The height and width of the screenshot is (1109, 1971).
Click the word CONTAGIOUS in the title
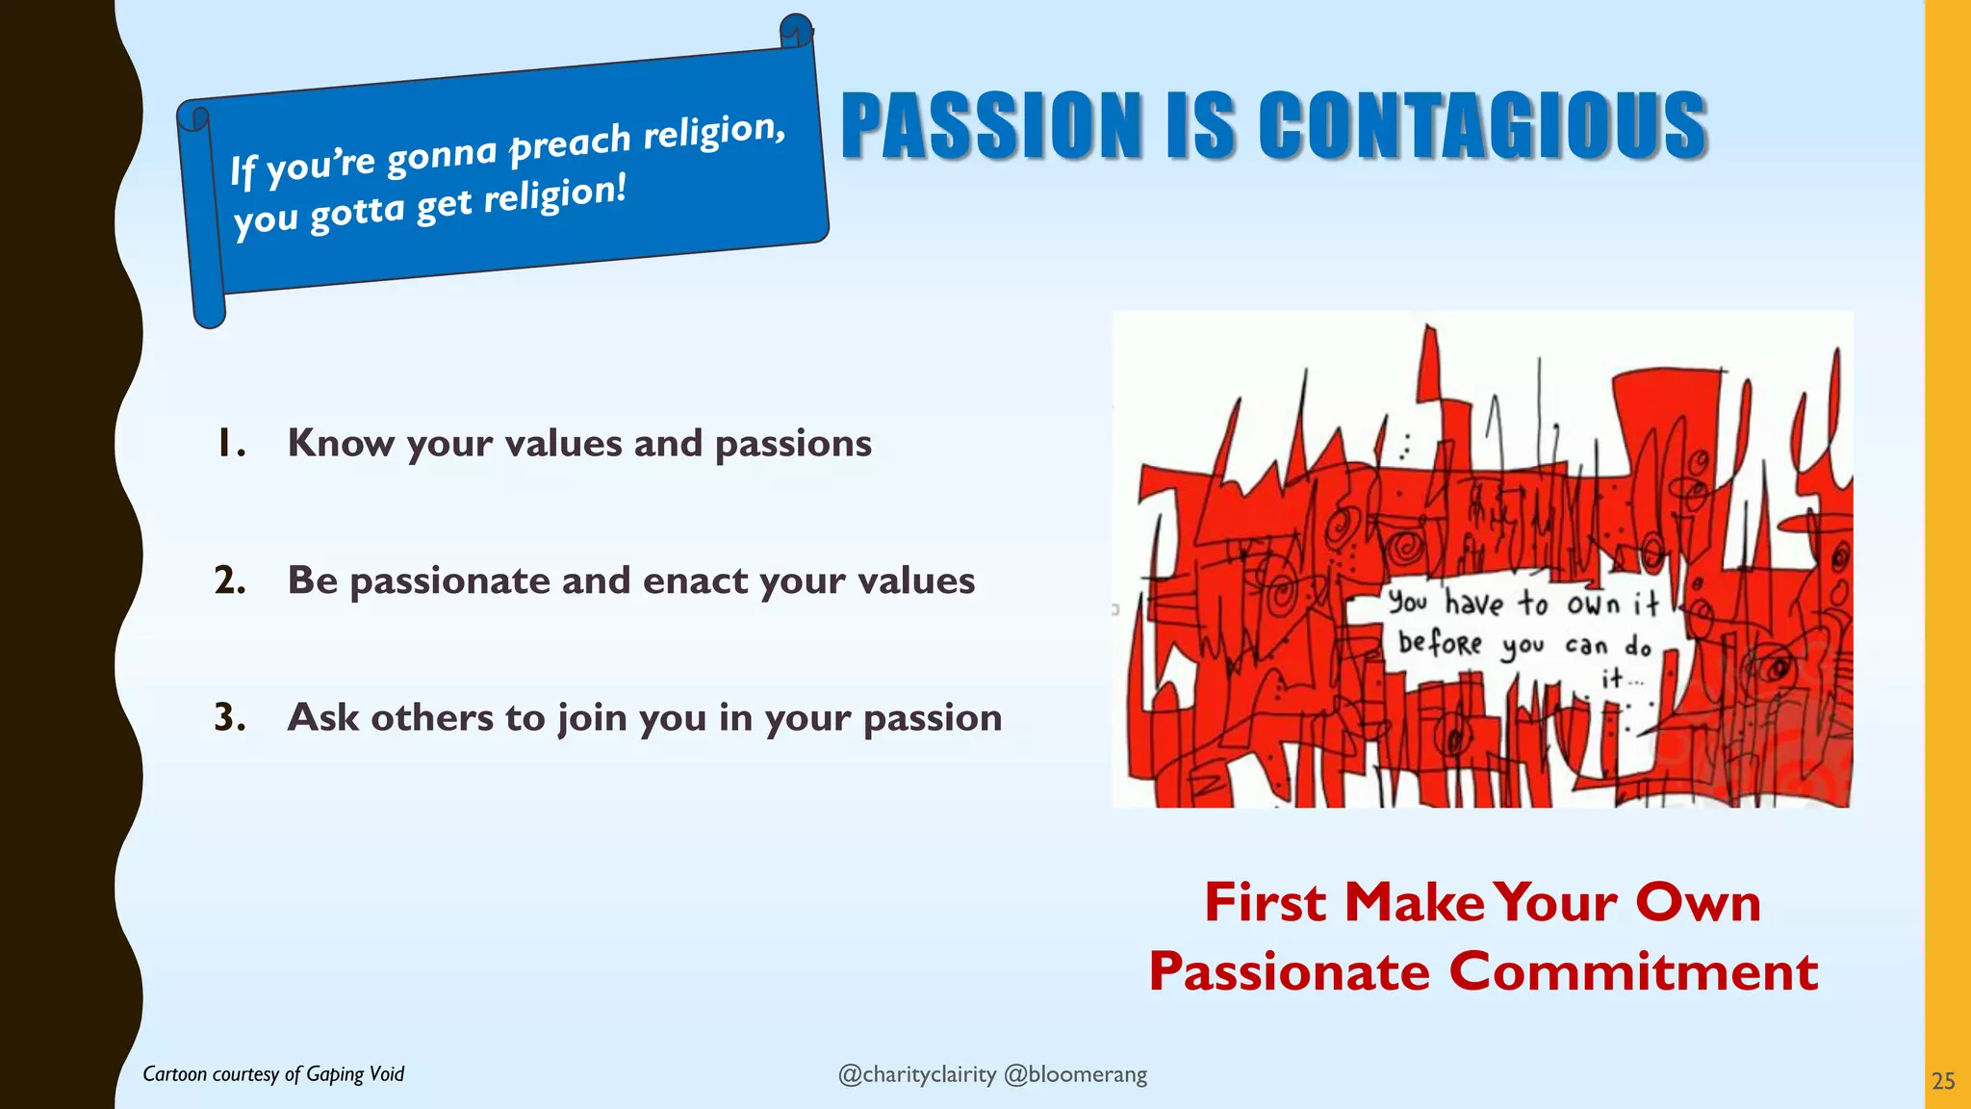[x=1482, y=125]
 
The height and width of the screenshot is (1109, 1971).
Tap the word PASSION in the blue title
[x=991, y=125]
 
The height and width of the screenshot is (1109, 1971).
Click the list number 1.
[x=229, y=444]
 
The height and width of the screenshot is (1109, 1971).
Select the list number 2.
[x=229, y=580]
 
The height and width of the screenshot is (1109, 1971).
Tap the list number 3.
[x=229, y=717]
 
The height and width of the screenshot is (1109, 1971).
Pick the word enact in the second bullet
[x=694, y=580]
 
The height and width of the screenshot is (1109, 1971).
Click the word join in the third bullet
[x=592, y=718]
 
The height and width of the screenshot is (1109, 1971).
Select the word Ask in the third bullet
[x=322, y=717]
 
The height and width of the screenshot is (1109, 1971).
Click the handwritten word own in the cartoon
[x=1593, y=604]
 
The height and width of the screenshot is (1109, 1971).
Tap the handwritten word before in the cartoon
[x=1440, y=641]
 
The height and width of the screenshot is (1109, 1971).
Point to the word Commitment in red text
[x=1633, y=970]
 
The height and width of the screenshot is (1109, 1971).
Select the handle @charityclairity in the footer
[x=916, y=1074]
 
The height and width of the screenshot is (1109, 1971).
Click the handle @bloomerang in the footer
[x=1075, y=1074]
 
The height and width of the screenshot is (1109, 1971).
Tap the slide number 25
[x=1943, y=1081]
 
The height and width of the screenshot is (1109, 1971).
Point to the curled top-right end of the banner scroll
[x=796, y=31]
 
